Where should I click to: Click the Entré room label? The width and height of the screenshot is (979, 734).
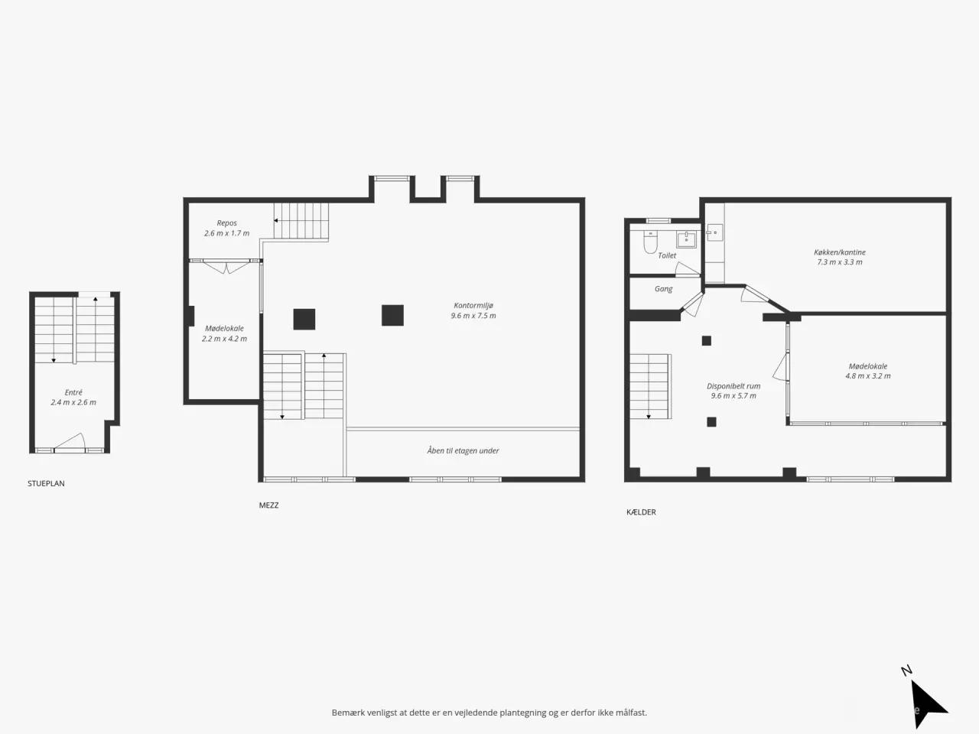pyautogui.click(x=73, y=392)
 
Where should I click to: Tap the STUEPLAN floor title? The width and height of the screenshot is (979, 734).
pyautogui.click(x=46, y=483)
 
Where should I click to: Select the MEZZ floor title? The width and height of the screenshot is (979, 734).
pyautogui.click(x=268, y=505)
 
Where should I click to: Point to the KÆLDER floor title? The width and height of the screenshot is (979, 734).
pyautogui.click(x=641, y=512)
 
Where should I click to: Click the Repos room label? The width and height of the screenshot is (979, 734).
pyautogui.click(x=226, y=222)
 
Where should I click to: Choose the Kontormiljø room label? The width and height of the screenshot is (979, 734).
pyautogui.click(x=473, y=305)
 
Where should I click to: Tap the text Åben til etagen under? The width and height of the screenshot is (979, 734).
pyautogui.click(x=463, y=450)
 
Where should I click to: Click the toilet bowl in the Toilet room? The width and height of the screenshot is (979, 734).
pyautogui.click(x=650, y=242)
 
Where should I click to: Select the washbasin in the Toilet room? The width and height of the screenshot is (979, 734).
pyautogui.click(x=686, y=239)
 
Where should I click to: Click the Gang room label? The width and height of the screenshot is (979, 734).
pyautogui.click(x=663, y=289)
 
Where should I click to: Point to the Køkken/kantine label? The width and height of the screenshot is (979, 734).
pyautogui.click(x=839, y=252)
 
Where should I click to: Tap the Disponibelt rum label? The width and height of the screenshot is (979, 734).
pyautogui.click(x=733, y=386)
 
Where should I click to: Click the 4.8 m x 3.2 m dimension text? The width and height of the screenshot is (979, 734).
pyautogui.click(x=868, y=375)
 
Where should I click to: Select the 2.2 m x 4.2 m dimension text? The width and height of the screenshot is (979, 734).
pyautogui.click(x=224, y=339)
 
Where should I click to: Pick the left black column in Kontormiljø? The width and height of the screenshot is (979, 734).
pyautogui.click(x=304, y=319)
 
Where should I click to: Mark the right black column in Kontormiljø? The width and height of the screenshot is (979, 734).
pyautogui.click(x=392, y=315)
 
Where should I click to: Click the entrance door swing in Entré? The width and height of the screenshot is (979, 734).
pyautogui.click(x=70, y=441)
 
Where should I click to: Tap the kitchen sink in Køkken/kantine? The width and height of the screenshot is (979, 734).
pyautogui.click(x=714, y=232)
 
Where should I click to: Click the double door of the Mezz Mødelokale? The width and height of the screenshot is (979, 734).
pyautogui.click(x=226, y=267)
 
